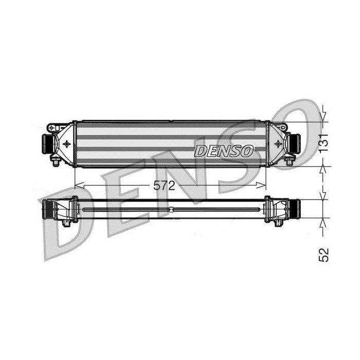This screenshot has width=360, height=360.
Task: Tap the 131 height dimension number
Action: click(x=323, y=143)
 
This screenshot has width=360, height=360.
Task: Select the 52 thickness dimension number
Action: click(x=323, y=255)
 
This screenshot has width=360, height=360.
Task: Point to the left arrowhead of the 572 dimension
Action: click(x=79, y=185)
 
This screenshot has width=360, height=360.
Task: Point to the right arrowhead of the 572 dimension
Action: click(x=261, y=185)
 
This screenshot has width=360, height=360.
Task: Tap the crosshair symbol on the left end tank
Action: click(x=66, y=144)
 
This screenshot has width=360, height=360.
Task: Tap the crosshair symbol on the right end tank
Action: click(x=278, y=144)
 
